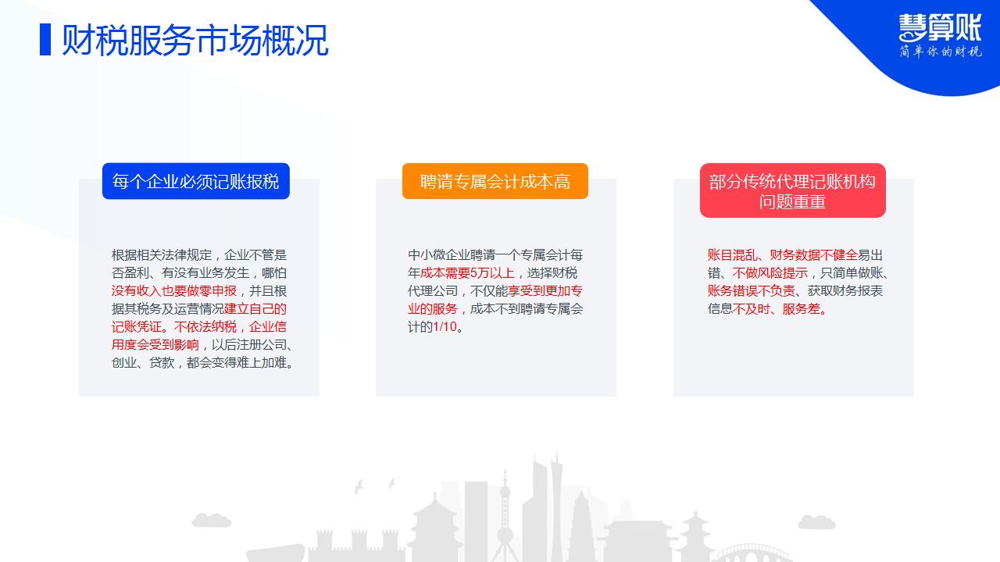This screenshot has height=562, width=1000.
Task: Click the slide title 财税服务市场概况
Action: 195,41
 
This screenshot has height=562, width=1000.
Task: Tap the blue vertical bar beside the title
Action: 45,40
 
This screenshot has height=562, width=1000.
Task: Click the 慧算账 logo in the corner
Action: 940,28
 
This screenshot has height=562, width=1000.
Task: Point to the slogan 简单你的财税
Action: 940,52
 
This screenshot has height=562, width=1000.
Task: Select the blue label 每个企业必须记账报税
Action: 196,181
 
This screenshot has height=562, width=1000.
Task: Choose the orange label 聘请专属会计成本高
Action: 495,181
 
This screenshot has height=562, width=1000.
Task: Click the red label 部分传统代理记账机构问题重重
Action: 793,190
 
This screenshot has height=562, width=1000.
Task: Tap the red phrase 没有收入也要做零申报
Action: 174,291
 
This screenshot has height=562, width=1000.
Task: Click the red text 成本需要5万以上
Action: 467,273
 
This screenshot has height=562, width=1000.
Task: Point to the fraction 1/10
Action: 445,327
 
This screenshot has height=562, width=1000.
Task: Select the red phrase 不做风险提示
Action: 770,273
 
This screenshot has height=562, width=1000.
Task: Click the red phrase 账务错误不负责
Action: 752,291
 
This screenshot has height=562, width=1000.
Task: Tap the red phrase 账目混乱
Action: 732,255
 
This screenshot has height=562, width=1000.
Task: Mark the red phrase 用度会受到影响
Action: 155,345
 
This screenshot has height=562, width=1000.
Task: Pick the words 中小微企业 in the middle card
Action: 439,255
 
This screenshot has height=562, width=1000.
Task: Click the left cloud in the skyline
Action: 212,520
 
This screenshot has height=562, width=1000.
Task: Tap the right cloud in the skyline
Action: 816,522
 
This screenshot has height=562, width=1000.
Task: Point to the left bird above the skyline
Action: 359,486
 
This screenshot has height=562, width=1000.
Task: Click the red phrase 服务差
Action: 802,309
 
